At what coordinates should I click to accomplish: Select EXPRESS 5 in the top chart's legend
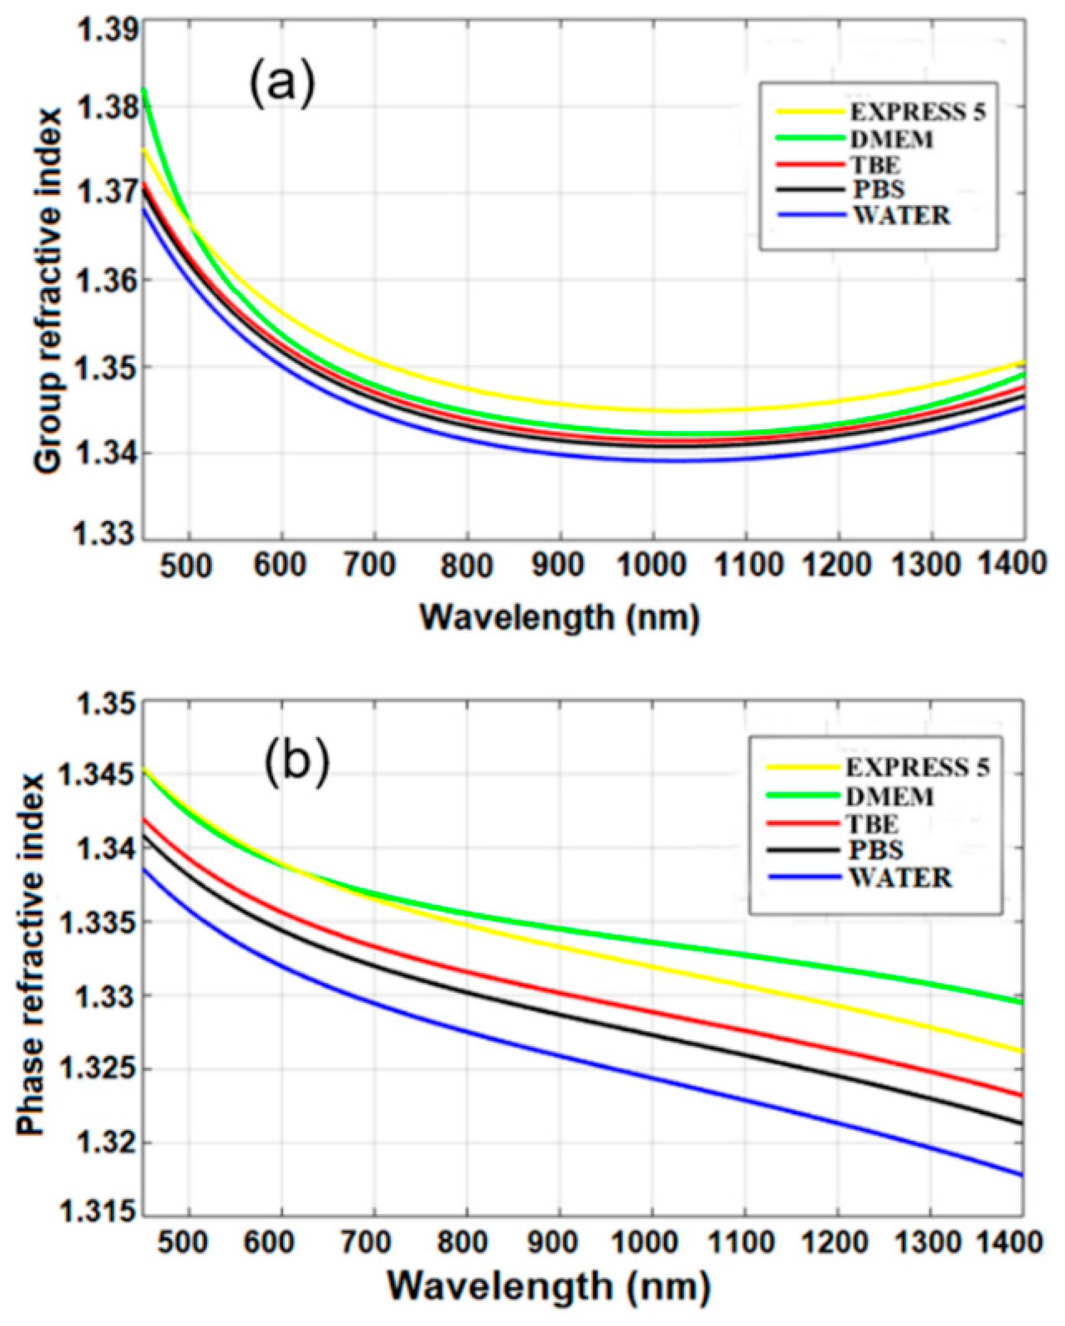(917, 113)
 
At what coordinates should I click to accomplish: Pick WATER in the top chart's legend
(901, 216)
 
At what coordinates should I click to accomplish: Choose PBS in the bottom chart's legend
(875, 850)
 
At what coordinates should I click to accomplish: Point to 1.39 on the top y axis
(99, 30)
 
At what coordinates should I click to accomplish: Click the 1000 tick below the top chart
(652, 565)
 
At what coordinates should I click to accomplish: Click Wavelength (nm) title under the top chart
(559, 617)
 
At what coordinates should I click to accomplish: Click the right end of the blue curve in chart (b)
(1022, 1175)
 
